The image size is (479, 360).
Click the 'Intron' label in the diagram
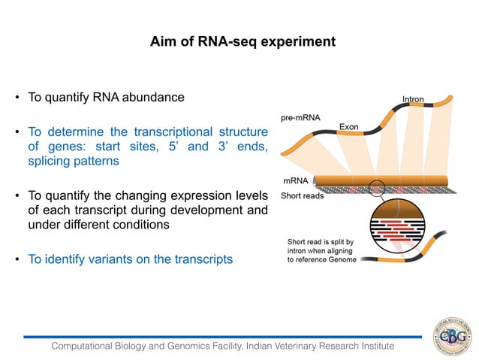[413, 99]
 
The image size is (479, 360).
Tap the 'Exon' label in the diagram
[348, 127]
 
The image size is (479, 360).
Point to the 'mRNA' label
[294, 181]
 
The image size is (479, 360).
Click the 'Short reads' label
[302, 196]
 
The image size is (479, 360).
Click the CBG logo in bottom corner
[450, 334]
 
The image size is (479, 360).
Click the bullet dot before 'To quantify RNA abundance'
[17, 98]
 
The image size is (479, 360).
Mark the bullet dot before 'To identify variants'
[17, 260]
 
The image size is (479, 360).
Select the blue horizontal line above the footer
[225, 337]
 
